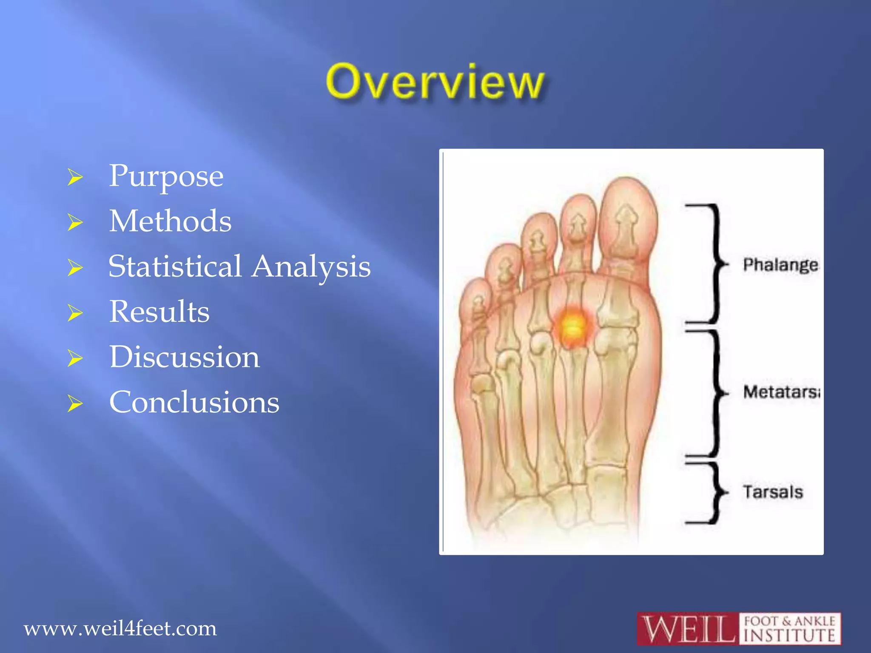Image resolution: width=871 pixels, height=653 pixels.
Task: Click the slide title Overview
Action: [435, 82]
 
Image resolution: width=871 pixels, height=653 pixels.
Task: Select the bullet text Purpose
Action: [166, 176]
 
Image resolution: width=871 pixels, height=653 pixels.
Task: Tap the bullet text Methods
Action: [170, 221]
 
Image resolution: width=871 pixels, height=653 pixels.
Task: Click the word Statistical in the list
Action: [175, 267]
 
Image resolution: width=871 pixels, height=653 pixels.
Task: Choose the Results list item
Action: [159, 312]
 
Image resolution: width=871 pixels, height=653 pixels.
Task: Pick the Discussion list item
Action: [184, 357]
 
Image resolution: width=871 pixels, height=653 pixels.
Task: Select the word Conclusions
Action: [194, 402]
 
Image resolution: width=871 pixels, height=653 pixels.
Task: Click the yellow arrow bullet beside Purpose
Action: [75, 177]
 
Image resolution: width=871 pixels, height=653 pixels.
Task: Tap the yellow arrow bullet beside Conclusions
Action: [75, 403]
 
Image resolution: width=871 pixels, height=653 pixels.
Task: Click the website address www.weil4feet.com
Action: [120, 628]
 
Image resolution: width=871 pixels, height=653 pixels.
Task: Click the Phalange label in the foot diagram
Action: [780, 264]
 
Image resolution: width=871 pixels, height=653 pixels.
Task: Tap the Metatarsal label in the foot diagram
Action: [781, 392]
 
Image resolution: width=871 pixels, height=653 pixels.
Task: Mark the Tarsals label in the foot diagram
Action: [773, 492]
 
